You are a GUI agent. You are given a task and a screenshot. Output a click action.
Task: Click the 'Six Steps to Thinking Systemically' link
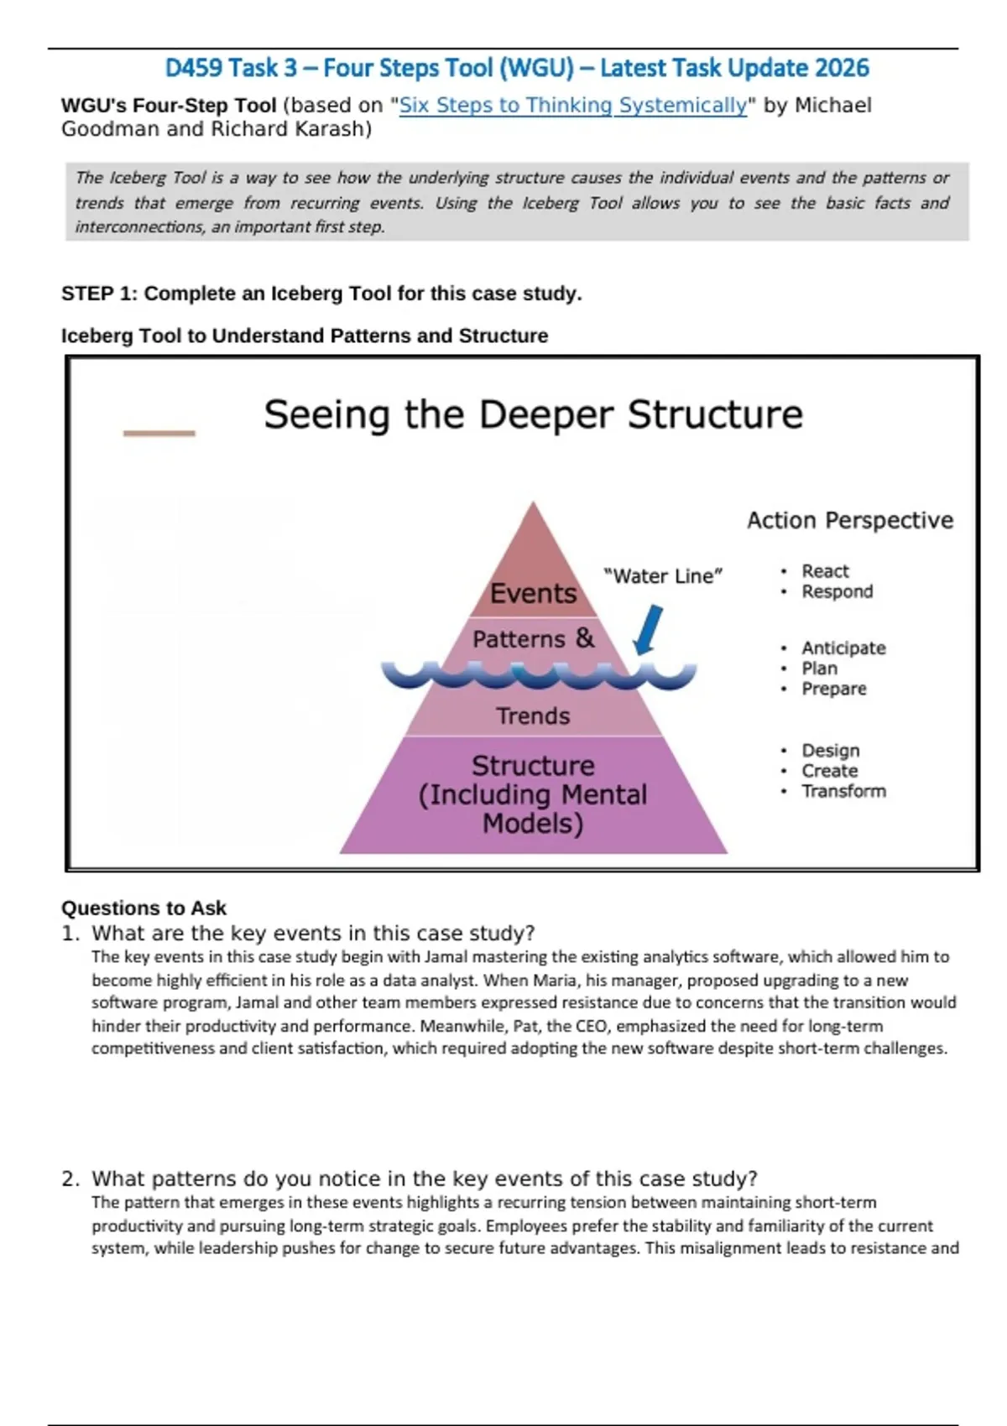[572, 106]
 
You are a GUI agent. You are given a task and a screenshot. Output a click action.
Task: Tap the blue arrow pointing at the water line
[649, 630]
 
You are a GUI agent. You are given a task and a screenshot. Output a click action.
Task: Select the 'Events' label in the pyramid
[533, 594]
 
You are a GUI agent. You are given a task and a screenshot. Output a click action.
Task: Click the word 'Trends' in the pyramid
[533, 716]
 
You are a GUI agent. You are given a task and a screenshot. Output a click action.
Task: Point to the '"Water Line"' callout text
[663, 576]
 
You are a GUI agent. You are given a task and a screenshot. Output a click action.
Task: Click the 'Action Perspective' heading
[850, 521]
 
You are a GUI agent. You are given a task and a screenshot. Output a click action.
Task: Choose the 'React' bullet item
[825, 571]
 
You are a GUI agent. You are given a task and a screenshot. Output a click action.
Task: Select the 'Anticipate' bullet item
[843, 648]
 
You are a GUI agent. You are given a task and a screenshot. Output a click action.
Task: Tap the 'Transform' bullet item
[843, 791]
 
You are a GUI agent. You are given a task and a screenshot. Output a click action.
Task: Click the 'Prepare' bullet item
[833, 689]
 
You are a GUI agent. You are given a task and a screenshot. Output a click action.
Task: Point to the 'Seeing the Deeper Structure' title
[533, 414]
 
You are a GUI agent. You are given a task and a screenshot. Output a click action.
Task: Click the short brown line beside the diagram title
[159, 433]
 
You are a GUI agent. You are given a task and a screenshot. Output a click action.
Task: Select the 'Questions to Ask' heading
[143, 908]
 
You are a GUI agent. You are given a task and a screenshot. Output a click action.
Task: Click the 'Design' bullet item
[830, 751]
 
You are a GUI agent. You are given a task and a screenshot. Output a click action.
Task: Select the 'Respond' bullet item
[837, 591]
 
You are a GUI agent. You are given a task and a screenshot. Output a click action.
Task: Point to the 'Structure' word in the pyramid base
[533, 766]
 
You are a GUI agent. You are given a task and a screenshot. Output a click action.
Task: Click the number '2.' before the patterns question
[70, 1179]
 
